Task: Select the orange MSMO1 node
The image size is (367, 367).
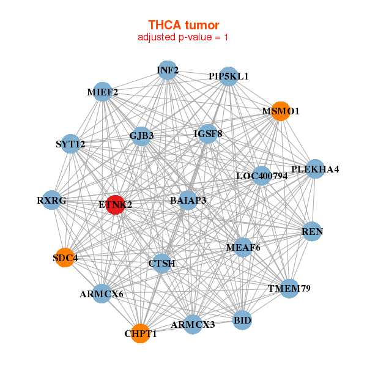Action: (x=280, y=111)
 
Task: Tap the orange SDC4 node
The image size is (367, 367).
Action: (x=65, y=258)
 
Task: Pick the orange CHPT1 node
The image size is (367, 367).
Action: (x=140, y=333)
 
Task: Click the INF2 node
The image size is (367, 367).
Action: (x=168, y=70)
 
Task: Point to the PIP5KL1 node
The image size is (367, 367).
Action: (x=229, y=76)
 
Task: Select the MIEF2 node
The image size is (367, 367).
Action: (x=103, y=92)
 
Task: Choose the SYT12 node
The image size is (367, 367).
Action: (x=71, y=144)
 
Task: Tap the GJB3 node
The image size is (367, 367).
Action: (x=141, y=136)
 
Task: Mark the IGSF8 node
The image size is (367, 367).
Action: (x=208, y=133)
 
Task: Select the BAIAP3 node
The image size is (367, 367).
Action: (x=188, y=200)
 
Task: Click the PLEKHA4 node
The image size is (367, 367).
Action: (x=314, y=169)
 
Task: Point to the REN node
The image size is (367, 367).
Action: (x=312, y=232)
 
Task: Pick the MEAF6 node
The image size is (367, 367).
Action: (x=243, y=247)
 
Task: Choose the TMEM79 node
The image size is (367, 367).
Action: (x=289, y=287)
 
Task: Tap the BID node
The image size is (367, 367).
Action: (x=242, y=320)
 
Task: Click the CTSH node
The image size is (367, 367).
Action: (x=162, y=264)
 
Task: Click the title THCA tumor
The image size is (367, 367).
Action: (x=183, y=25)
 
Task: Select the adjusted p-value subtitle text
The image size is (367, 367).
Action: (x=183, y=37)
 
